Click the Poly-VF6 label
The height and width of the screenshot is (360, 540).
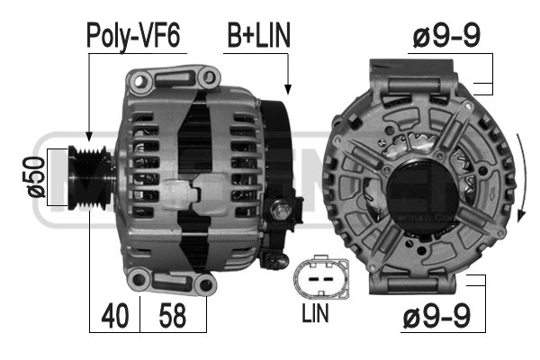(133, 35)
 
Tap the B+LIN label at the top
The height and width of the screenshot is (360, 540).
(256, 35)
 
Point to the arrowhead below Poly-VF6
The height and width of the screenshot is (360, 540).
(88, 136)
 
